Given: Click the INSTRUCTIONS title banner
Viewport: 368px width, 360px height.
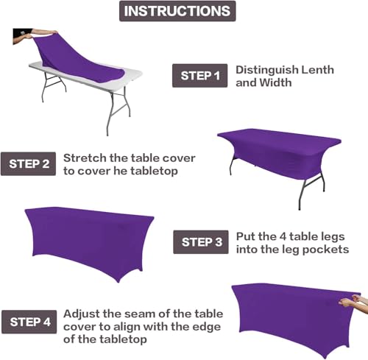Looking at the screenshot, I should point(177,11).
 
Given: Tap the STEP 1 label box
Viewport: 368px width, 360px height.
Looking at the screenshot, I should point(200,75).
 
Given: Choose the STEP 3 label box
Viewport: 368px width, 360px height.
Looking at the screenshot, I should point(201,241).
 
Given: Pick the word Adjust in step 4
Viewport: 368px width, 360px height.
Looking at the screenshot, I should point(82,314).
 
